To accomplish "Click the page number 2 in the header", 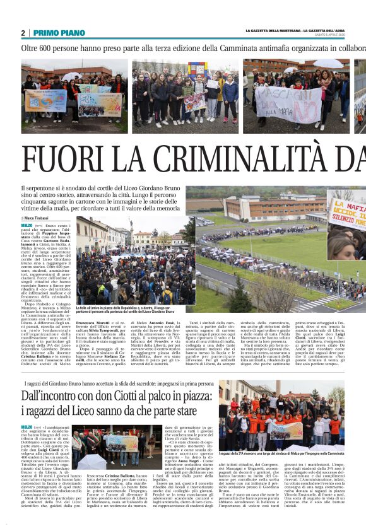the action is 23,33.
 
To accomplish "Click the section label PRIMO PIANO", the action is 59,33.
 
